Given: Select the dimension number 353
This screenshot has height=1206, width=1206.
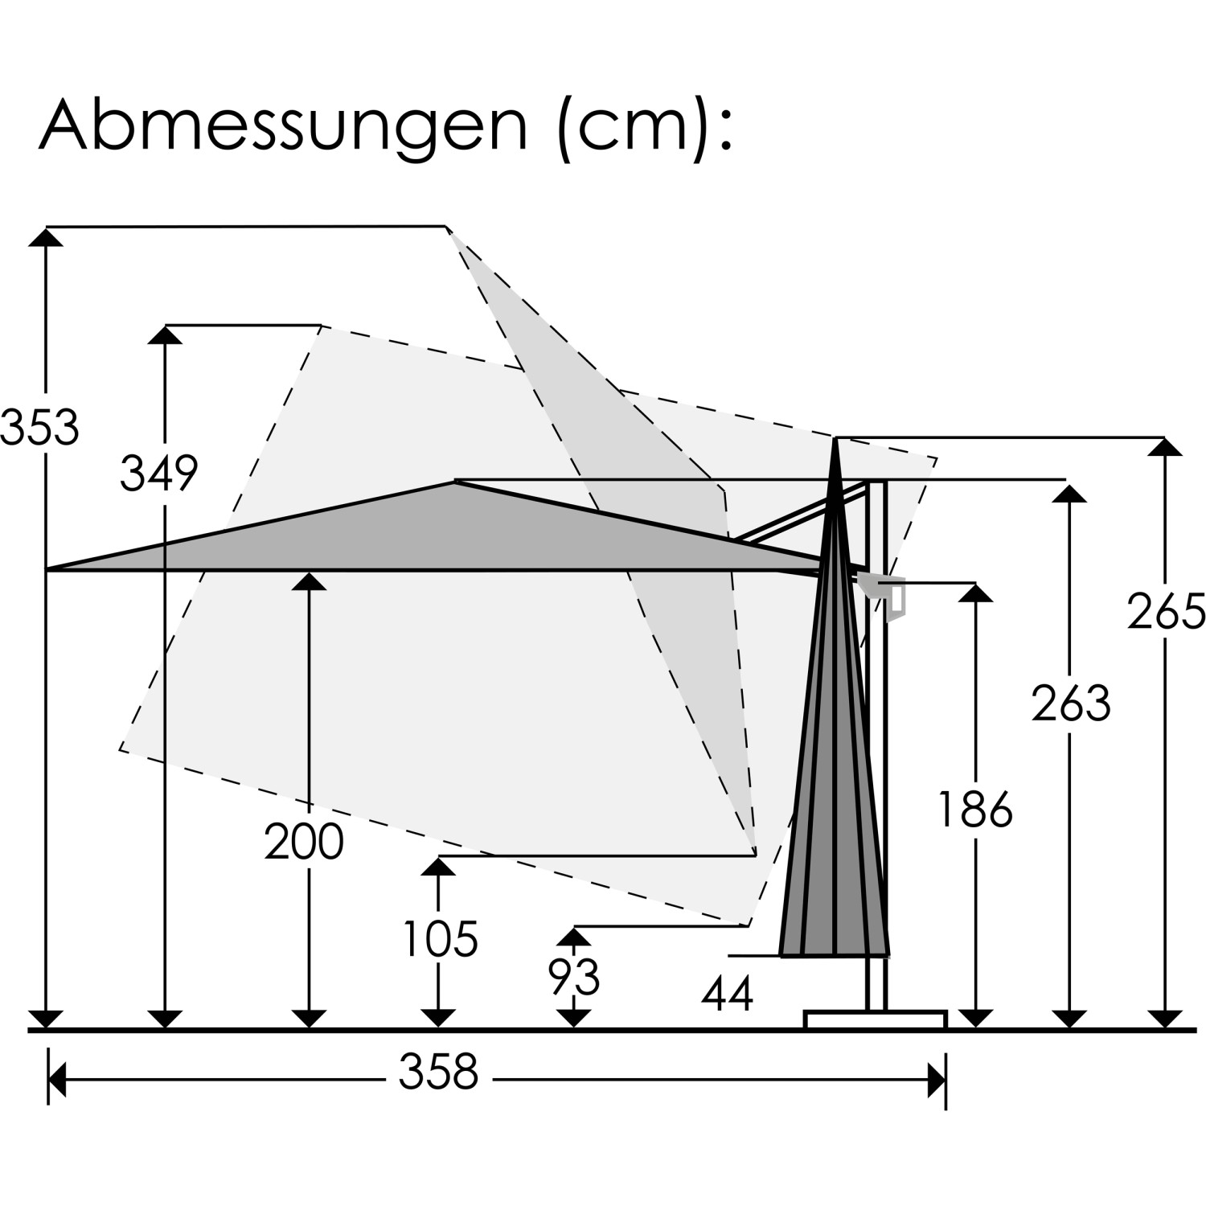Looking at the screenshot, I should click(x=40, y=427).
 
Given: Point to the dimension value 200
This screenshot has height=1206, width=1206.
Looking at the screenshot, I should click(x=304, y=842).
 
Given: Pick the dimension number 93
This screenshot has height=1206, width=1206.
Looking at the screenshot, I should click(x=574, y=978).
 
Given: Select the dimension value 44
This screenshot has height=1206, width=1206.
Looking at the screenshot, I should click(x=727, y=994).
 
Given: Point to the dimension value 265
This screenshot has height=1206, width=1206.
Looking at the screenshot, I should click(x=1166, y=611).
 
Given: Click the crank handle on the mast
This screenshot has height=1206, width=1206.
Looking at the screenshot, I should click(x=887, y=595).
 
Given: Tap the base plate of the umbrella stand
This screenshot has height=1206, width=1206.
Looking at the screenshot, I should click(x=875, y=1019).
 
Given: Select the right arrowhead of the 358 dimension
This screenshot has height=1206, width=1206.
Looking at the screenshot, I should click(x=937, y=1079).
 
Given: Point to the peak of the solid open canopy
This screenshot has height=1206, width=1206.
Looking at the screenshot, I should click(x=455, y=482).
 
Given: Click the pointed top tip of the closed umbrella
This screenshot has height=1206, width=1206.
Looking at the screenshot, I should click(x=836, y=439).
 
